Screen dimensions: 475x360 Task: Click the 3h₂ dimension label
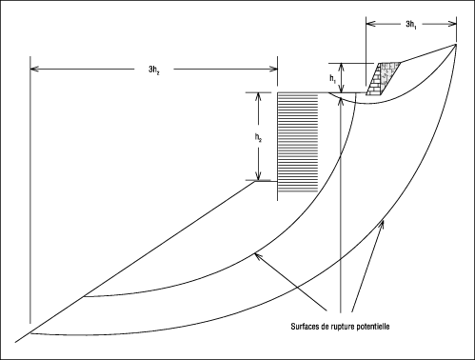(154, 70)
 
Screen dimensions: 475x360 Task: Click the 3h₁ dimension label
(411, 25)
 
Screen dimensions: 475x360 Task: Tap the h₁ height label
(332, 79)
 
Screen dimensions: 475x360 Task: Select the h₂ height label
(258, 137)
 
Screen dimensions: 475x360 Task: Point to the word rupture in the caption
(343, 327)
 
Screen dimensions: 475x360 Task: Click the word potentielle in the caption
(373, 327)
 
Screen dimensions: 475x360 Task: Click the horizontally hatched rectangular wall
(298, 143)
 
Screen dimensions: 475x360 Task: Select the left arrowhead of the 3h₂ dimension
(34, 69)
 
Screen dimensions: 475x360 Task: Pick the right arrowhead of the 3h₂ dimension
(273, 69)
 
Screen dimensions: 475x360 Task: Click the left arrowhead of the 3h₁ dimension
(370, 24)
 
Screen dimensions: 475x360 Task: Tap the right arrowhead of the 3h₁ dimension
(452, 24)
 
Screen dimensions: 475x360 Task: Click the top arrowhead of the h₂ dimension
(258, 96)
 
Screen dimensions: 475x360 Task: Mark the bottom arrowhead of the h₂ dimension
(258, 176)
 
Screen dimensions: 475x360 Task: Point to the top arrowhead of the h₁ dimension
(341, 68)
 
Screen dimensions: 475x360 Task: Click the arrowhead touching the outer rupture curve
(382, 224)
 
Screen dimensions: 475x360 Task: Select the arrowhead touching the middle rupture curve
(259, 256)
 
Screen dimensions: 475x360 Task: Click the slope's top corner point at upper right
(456, 44)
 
